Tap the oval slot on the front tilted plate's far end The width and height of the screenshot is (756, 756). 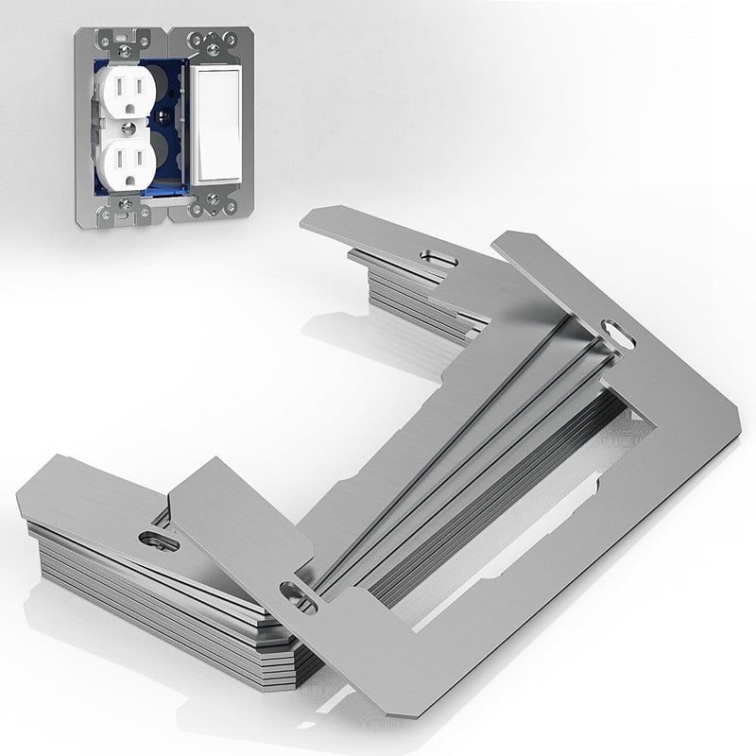pyautogui.click(x=618, y=335)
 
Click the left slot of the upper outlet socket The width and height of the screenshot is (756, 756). pyautogui.click(x=114, y=90)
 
